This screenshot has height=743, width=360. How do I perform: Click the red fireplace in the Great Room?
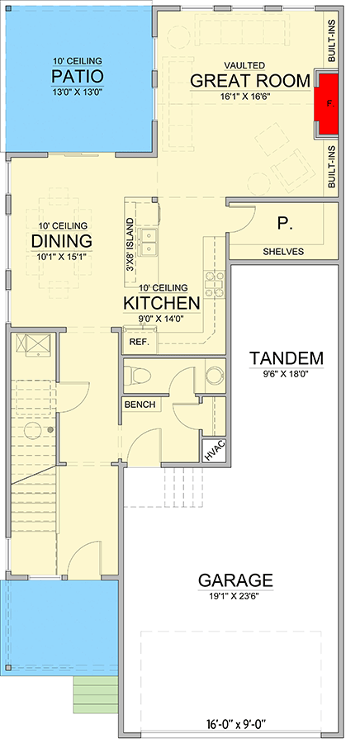pyautogui.click(x=329, y=104)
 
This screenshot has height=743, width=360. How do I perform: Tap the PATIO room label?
pyautogui.click(x=78, y=76)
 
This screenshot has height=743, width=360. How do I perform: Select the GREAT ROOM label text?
pyautogui.click(x=250, y=81)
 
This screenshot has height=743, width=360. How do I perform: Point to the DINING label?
pyautogui.click(x=62, y=241)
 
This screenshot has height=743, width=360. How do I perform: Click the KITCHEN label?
pyautogui.click(x=162, y=303)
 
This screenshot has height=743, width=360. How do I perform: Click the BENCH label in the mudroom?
pyautogui.click(x=140, y=405)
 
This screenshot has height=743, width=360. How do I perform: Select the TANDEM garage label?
pyautogui.click(x=287, y=357)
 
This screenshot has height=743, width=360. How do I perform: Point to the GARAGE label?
pyautogui.click(x=235, y=580)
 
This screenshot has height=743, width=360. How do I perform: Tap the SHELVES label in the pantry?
pyautogui.click(x=283, y=252)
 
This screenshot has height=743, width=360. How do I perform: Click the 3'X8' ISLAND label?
pyautogui.click(x=129, y=244)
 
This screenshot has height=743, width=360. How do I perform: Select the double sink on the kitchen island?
pyautogui.click(x=149, y=242)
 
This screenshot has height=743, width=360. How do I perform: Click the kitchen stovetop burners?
pyautogui.click(x=214, y=284)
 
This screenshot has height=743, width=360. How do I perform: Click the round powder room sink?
pyautogui.click(x=215, y=374)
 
